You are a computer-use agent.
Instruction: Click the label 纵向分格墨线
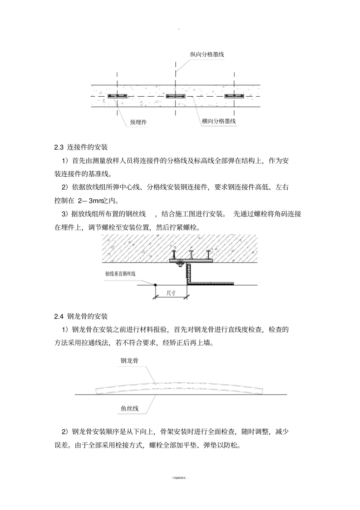(x=207, y=55)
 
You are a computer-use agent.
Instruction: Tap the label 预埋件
(x=138, y=122)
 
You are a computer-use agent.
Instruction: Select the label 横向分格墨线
(x=219, y=121)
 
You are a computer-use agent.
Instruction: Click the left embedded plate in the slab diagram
(x=117, y=96)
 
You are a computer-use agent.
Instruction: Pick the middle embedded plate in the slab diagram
(x=175, y=96)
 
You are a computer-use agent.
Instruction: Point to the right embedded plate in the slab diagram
(x=234, y=96)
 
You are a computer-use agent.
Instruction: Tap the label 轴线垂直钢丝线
(x=121, y=273)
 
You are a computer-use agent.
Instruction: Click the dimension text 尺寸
(x=171, y=293)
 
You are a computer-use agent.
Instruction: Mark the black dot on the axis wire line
(x=155, y=285)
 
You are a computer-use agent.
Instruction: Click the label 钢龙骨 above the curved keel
(x=130, y=361)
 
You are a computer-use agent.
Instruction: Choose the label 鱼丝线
(x=130, y=408)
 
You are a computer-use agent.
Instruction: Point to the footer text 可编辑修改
(x=180, y=478)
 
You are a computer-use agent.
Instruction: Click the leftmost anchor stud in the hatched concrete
(x=174, y=253)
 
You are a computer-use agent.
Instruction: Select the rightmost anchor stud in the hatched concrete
(x=208, y=253)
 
